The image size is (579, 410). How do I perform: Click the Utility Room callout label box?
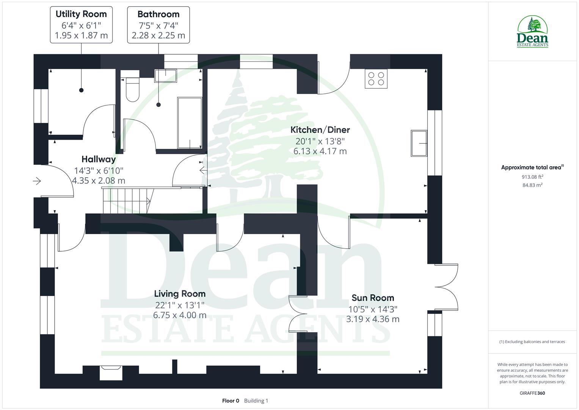[x=81, y=25]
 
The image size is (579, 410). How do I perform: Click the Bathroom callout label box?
[x=158, y=25]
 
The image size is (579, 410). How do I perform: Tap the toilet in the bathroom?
[x=132, y=90]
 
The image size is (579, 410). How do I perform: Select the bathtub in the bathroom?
[x=190, y=123]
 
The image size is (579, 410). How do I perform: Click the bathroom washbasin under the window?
[x=166, y=76]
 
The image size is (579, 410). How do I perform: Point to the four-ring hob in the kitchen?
[x=376, y=79]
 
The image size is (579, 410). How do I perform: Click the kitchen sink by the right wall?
[x=419, y=143]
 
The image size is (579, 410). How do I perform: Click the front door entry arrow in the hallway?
[x=37, y=181]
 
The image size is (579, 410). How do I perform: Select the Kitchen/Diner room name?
[x=320, y=130]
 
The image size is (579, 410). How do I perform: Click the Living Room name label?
[x=180, y=293]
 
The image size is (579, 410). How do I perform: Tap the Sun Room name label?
[x=372, y=298]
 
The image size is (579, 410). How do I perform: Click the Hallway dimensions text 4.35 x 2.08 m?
[x=99, y=181]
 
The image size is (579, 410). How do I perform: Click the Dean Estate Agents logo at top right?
[x=532, y=32]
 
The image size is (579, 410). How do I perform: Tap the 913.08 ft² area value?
[x=532, y=177]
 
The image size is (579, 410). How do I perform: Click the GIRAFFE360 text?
[x=532, y=393]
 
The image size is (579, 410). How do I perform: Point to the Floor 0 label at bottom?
[x=231, y=401]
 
